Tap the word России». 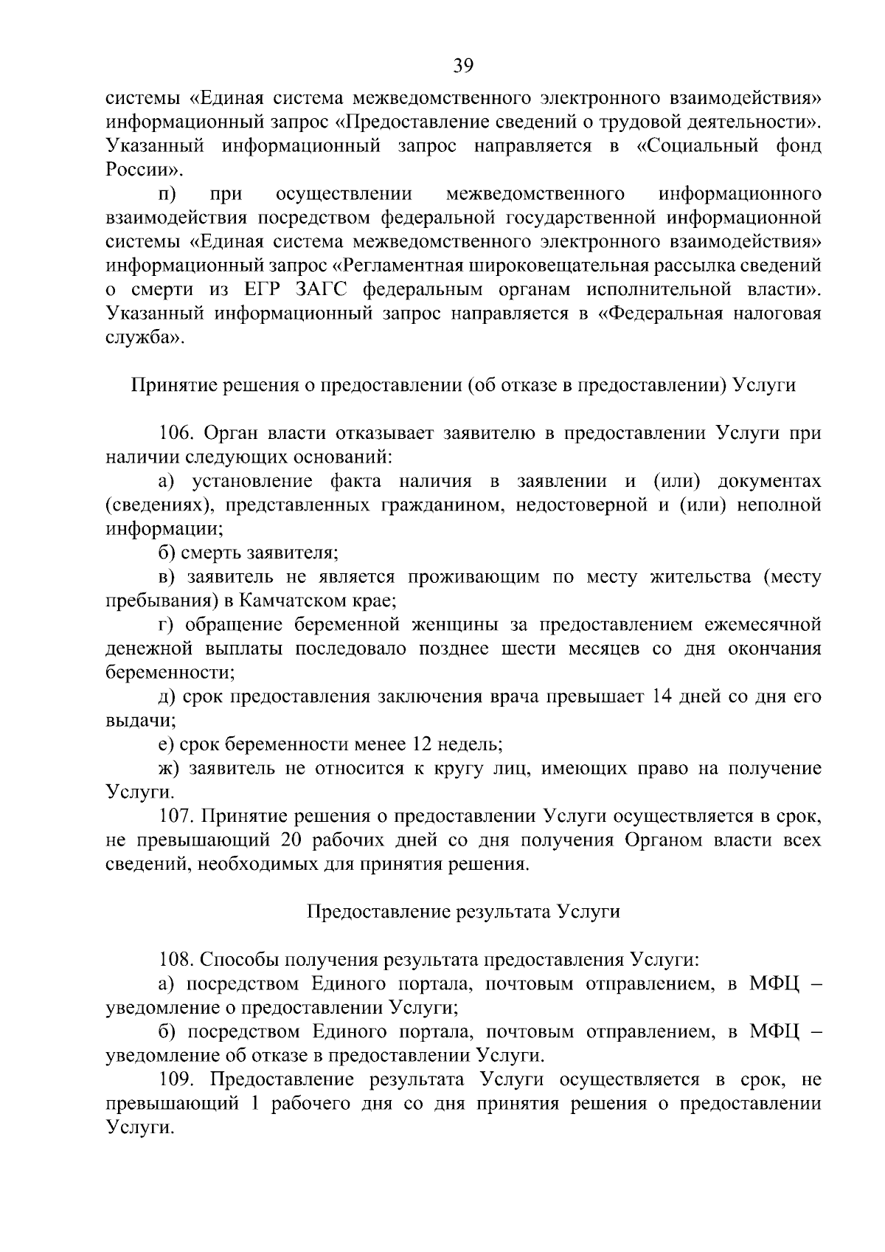pyautogui.click(x=139, y=170)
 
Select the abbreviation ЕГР pyautogui.click(x=259, y=290)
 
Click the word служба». pyautogui.click(x=142, y=338)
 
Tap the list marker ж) pyautogui.click(x=169, y=769)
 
